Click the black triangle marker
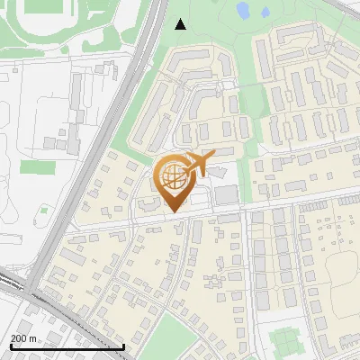(181, 23)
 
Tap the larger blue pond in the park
(243, 11)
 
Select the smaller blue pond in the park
(265, 13)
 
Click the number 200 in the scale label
(19, 338)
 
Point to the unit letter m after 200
(33, 338)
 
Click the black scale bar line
(63, 346)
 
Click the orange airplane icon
(197, 164)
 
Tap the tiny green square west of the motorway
(43, 210)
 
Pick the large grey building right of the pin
(227, 195)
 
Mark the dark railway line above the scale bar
(36, 297)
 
